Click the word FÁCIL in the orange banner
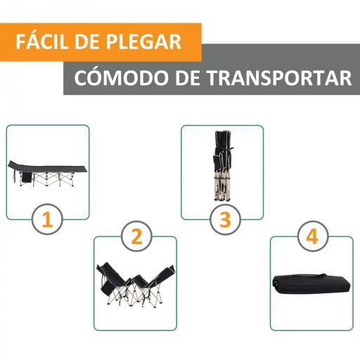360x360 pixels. [x=45, y=40]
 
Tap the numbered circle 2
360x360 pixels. [x=136, y=238]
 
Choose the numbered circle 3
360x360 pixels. [x=225, y=219]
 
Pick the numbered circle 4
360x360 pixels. [x=312, y=238]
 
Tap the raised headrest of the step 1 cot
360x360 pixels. [x=15, y=165]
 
